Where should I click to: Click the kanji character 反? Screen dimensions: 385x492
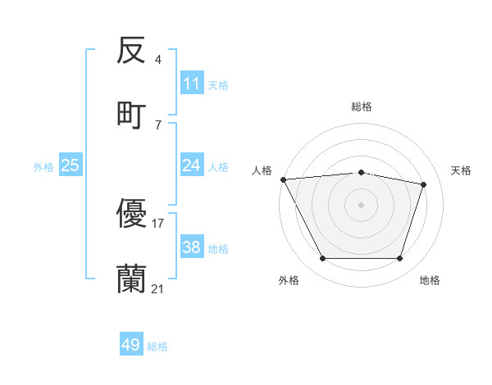132,52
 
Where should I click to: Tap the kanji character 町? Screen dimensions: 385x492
132,115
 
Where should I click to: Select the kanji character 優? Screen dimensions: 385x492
132,215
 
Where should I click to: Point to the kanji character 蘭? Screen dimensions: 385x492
132,279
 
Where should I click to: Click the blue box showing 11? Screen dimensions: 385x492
192,84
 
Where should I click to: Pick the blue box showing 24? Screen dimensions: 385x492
192,165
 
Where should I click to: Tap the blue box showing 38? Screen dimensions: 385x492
192,247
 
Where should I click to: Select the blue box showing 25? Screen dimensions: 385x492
71,165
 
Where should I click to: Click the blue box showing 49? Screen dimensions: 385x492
131,345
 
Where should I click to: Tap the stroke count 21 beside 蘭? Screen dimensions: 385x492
158,288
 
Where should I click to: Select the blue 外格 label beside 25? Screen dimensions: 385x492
43,167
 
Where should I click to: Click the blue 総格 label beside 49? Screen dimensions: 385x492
157,346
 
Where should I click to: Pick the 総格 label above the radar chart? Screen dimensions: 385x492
362,106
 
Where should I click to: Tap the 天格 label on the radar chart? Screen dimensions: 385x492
462,170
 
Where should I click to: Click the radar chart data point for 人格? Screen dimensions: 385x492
283,179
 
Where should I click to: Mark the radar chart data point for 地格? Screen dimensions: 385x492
400,259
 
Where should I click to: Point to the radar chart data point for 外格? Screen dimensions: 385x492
322,259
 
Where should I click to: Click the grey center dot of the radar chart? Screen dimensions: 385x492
361,204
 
